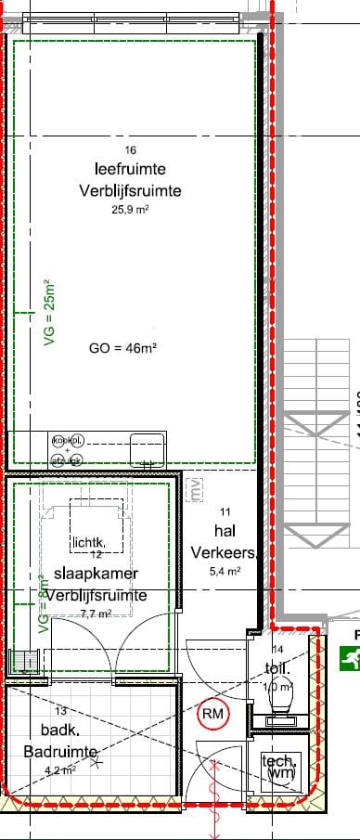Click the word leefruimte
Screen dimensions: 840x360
pyautogui.click(x=130, y=169)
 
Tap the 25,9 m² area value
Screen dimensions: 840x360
pyautogui.click(x=130, y=211)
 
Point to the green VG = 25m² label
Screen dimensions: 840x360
pyautogui.click(x=51, y=314)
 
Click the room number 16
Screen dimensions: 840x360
pyautogui.click(x=130, y=150)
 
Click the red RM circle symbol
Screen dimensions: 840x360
pyautogui.click(x=213, y=714)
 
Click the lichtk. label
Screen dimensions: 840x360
pyautogui.click(x=93, y=541)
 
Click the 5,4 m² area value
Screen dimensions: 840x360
pyautogui.click(x=225, y=571)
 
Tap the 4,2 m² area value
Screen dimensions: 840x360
pyautogui.click(x=59, y=769)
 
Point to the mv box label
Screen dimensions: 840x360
pyautogui.click(x=195, y=488)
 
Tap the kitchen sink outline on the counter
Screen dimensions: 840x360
pyautogui.click(x=148, y=451)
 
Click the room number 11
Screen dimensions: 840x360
pyautogui.click(x=225, y=511)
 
